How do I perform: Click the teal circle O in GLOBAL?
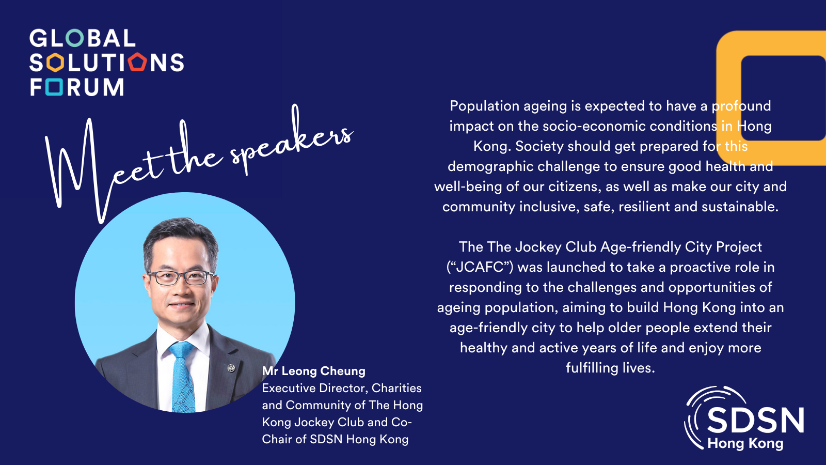pos(75,38)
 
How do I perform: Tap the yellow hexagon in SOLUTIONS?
pos(54,63)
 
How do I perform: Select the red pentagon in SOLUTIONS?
pos(138,63)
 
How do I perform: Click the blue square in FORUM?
pos(54,87)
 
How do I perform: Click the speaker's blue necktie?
pos(182,377)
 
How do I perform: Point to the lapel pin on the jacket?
pos(231,368)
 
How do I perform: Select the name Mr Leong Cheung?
pos(313,371)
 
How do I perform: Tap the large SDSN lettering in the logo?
pos(755,420)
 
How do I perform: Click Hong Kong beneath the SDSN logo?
pos(745,443)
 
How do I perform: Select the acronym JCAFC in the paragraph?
pos(479,267)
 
